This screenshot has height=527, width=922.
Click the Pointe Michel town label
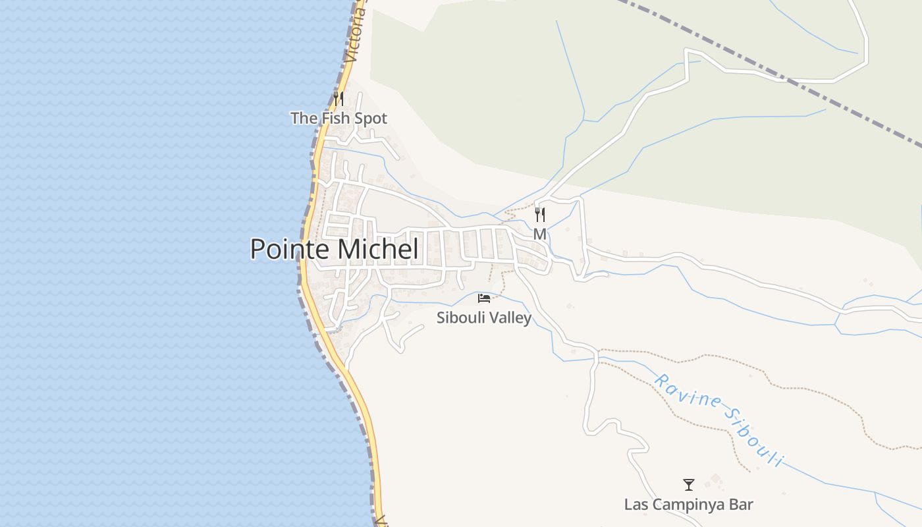click(x=334, y=249)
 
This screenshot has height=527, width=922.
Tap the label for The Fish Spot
click(x=339, y=119)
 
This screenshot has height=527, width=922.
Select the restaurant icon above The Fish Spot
click(x=339, y=99)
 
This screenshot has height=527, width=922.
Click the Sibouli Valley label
click(x=483, y=318)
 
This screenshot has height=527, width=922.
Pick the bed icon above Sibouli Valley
click(x=484, y=298)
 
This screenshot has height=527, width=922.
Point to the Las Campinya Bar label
click(x=688, y=505)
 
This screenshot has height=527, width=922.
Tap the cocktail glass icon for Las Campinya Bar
click(x=688, y=485)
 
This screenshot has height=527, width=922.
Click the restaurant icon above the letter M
click(x=539, y=215)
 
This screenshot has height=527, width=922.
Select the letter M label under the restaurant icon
click(x=539, y=234)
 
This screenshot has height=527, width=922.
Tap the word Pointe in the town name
click(x=290, y=249)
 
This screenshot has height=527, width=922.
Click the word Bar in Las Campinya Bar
click(x=741, y=505)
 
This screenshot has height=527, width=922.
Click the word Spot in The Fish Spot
click(x=369, y=119)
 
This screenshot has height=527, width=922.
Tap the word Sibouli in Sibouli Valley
click(x=460, y=318)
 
